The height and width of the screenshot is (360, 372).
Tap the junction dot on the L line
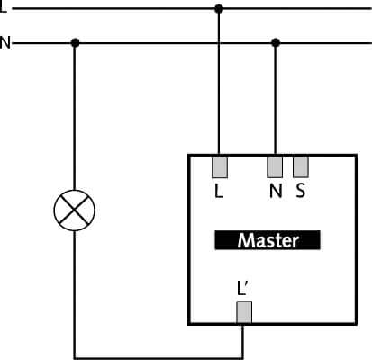click(x=219, y=9)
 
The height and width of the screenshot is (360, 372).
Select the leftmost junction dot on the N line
click(x=75, y=43)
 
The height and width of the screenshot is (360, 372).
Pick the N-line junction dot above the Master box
click(x=276, y=43)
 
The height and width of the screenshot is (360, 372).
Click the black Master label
click(x=268, y=240)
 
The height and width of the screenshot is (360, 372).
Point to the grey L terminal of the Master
click(x=220, y=166)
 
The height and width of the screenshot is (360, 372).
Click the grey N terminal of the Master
click(x=275, y=166)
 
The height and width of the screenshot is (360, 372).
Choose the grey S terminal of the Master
click(x=301, y=166)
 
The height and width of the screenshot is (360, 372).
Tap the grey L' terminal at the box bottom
click(x=244, y=312)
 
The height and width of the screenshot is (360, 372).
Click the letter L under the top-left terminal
click(x=219, y=191)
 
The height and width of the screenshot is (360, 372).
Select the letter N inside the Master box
click(x=276, y=191)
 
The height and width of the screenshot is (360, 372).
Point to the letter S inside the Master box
click(x=300, y=191)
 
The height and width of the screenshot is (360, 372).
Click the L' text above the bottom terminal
click(x=242, y=288)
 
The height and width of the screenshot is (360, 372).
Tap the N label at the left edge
click(x=5, y=43)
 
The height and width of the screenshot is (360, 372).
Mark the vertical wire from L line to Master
click(x=219, y=82)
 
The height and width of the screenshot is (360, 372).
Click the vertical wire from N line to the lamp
click(x=74, y=116)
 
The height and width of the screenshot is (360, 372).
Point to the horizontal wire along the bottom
click(x=159, y=358)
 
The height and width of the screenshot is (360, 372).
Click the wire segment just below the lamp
click(x=74, y=294)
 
